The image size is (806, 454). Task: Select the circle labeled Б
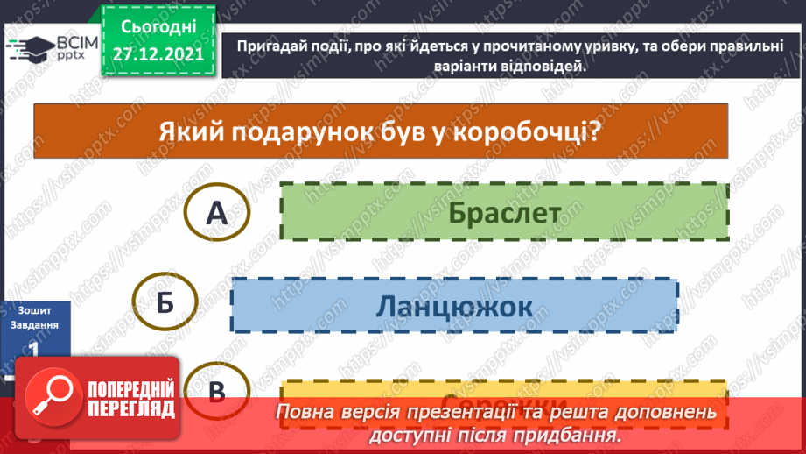click(165, 303)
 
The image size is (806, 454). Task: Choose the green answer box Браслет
click(504, 212)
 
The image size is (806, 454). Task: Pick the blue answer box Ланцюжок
click(454, 305)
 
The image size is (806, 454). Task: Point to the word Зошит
click(33, 309)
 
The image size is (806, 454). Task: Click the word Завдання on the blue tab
click(33, 325)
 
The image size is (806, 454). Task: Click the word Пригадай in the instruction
click(263, 48)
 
